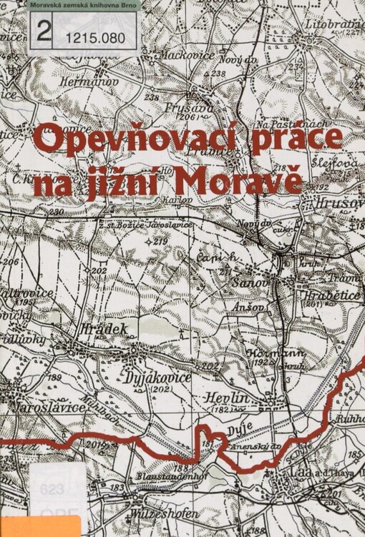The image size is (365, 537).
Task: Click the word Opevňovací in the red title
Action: pyautogui.click(x=133, y=140)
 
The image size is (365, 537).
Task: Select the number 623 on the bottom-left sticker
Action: pyautogui.click(x=52, y=489)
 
